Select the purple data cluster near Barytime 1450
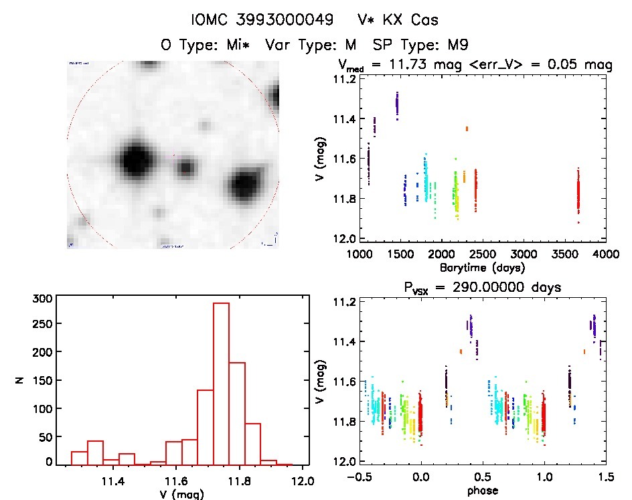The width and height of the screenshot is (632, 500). (397, 104)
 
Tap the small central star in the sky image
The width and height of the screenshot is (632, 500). (185, 167)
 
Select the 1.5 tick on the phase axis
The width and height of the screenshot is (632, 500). (605, 478)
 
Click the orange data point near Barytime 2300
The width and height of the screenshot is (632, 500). (467, 128)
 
